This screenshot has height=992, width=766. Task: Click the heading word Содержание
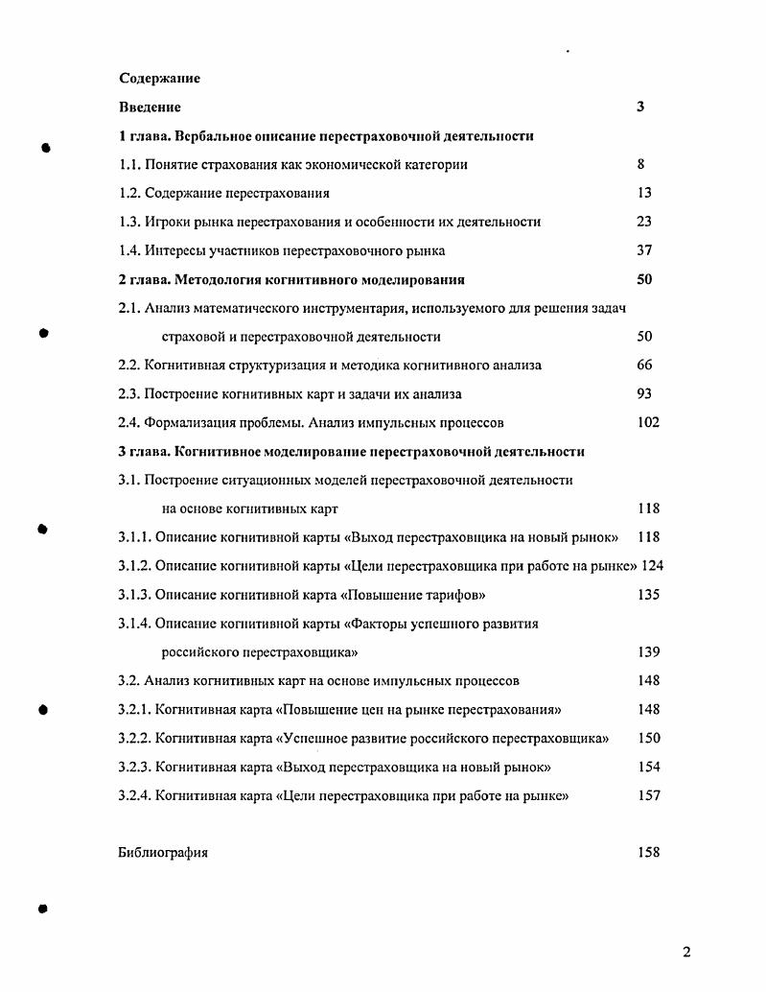(x=159, y=78)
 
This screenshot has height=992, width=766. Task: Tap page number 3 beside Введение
(x=639, y=106)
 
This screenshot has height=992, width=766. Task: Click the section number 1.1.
(x=129, y=164)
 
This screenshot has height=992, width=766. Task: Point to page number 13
(x=643, y=193)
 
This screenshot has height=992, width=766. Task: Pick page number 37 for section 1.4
(x=643, y=250)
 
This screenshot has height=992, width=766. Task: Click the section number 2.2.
(x=129, y=365)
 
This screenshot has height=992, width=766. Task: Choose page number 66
(x=644, y=365)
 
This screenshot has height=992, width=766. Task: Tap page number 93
(x=644, y=393)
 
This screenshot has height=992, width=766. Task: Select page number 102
(x=648, y=422)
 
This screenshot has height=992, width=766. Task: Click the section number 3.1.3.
(x=134, y=594)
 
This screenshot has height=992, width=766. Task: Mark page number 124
(x=652, y=565)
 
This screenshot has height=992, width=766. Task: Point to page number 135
(x=648, y=594)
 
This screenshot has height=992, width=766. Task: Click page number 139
(x=648, y=651)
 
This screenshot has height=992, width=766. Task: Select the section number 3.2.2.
(x=134, y=738)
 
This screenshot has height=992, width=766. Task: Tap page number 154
(x=648, y=767)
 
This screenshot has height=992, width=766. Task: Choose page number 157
(x=648, y=795)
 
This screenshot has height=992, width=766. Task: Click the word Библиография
(x=163, y=852)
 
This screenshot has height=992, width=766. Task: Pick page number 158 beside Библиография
(x=648, y=852)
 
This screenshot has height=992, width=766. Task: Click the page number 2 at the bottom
(x=685, y=952)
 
